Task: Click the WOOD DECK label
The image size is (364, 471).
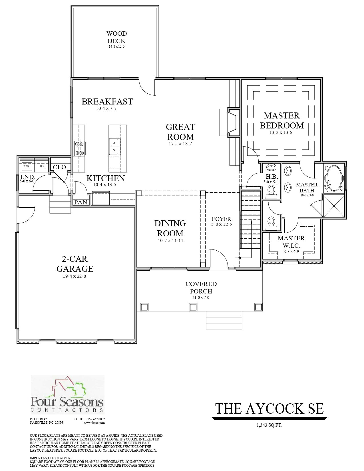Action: tap(117, 37)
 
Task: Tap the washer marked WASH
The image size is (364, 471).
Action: tap(27, 166)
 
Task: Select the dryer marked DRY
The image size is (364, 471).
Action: tap(42, 166)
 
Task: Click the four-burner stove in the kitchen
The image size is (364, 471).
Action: tap(79, 148)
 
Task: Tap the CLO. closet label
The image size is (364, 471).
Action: tap(60, 167)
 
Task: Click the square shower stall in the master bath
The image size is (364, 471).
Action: tap(334, 206)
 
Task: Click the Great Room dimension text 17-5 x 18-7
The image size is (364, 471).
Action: tap(180, 144)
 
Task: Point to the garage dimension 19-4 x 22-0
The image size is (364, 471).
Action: tap(75, 276)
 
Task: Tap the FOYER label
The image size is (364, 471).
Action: tap(221, 219)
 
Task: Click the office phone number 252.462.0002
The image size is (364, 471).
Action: tap(96, 419)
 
